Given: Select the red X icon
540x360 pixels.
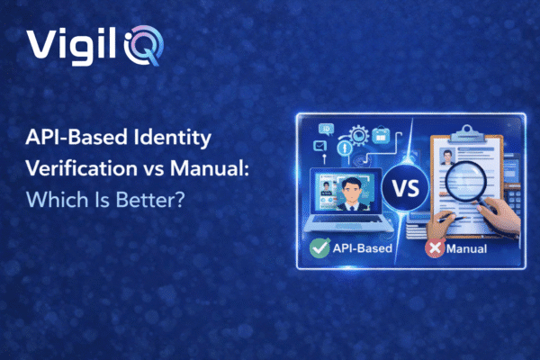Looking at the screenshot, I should coord(435,247).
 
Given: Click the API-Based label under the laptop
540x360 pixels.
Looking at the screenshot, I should coord(360,247).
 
